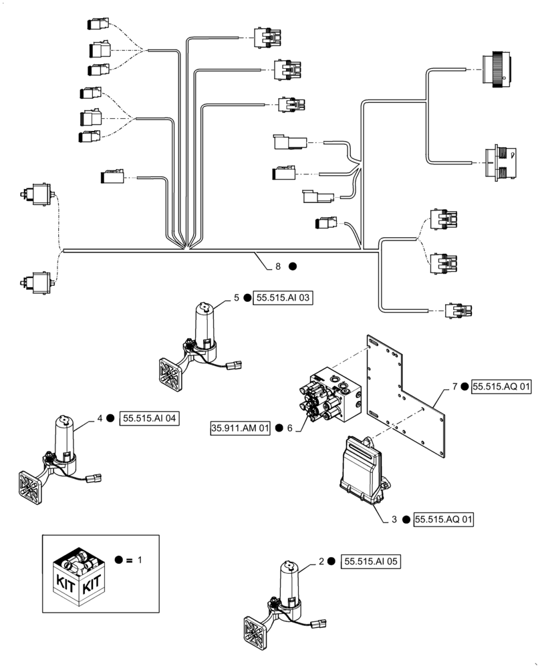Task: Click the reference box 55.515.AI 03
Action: click(283, 298)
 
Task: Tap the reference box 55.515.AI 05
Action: click(371, 562)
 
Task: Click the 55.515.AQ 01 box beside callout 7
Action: click(502, 386)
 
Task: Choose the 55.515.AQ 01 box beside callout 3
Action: click(444, 519)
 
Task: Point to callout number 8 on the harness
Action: click(278, 266)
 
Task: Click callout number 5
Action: click(237, 298)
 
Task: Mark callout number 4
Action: click(100, 418)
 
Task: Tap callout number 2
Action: click(321, 562)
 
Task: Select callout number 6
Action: click(290, 428)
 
